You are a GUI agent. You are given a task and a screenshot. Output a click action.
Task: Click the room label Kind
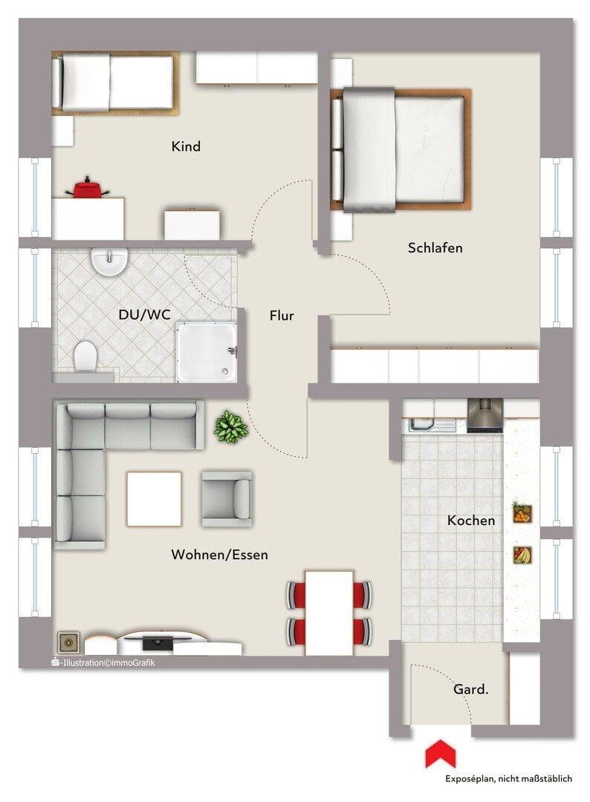click(x=186, y=147)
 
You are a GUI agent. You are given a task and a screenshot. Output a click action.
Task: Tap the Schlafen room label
click(x=435, y=248)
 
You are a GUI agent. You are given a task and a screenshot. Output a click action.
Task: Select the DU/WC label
click(x=144, y=315)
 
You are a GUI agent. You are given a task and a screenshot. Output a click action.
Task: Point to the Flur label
click(x=282, y=316)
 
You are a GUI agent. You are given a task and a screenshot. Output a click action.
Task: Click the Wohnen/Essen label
click(x=219, y=555)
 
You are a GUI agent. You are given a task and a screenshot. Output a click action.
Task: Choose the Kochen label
click(x=471, y=521)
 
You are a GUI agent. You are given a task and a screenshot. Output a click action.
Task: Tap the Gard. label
click(x=471, y=689)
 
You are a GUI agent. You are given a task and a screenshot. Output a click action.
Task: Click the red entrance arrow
click(x=440, y=754)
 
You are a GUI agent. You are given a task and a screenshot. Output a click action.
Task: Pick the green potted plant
click(x=231, y=426)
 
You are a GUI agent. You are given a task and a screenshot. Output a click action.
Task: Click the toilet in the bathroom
click(x=85, y=355)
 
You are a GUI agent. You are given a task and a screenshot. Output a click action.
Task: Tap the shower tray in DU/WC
click(x=207, y=352)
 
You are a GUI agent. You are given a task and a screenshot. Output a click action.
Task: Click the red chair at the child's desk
click(x=87, y=187)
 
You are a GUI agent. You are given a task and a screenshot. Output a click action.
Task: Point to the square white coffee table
click(x=154, y=499)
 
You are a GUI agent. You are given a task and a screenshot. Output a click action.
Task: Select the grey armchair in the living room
click(x=227, y=499)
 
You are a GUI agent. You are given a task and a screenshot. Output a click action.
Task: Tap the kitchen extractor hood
click(x=485, y=416)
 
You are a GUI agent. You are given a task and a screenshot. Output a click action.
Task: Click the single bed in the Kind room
click(x=115, y=83)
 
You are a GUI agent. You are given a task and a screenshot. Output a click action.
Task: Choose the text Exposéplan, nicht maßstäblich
click(x=509, y=779)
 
